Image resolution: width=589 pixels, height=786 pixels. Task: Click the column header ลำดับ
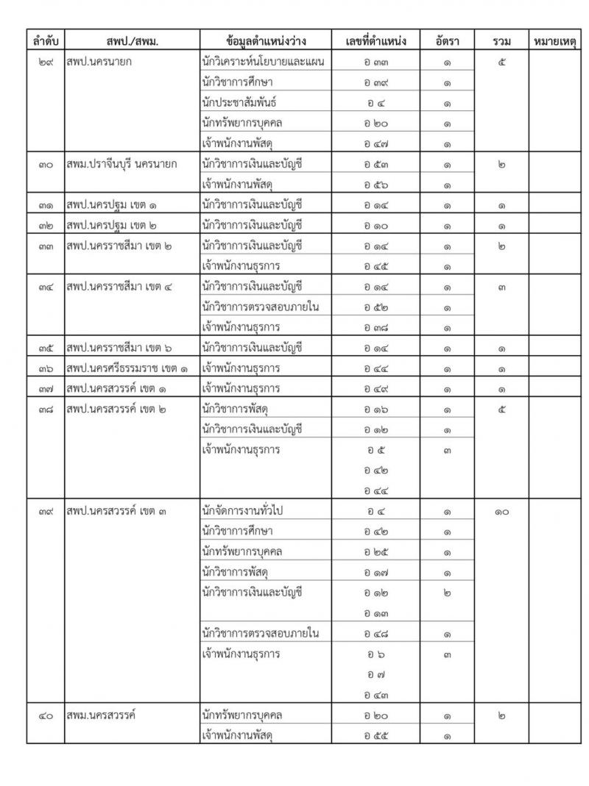point(45,41)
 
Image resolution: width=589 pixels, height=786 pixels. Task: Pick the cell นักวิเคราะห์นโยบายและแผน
point(263,62)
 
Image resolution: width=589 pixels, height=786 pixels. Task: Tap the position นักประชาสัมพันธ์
point(239,103)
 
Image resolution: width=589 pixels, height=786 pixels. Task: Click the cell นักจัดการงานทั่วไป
point(247,511)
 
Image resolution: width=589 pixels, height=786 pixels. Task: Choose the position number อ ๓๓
point(375,62)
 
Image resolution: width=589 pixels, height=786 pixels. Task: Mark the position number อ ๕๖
point(375,185)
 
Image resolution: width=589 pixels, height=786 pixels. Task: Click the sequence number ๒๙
point(45,62)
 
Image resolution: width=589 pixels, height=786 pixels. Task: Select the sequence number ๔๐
point(45,714)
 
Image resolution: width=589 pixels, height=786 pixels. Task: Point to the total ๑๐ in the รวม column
point(501,511)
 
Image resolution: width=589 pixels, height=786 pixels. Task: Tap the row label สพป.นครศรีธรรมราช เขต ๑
point(130,367)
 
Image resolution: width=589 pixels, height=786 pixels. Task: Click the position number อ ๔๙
point(375,387)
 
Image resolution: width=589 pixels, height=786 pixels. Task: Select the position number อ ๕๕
point(375,735)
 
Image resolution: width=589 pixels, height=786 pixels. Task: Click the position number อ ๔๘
point(375,633)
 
